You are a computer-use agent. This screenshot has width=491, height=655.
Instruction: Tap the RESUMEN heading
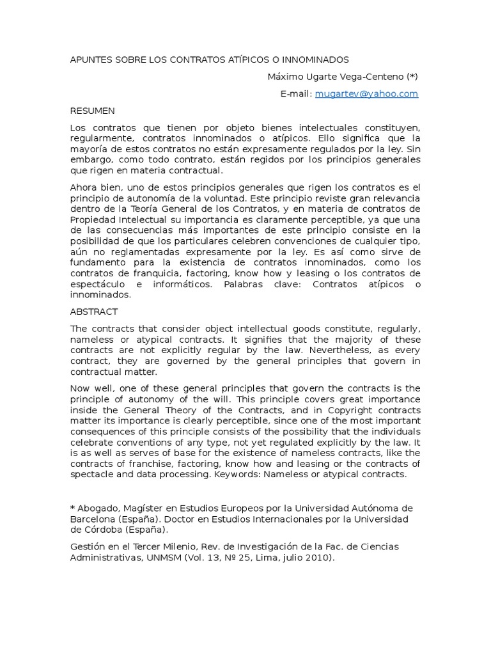(93, 111)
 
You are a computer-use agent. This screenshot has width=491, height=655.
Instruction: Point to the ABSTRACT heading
(94, 312)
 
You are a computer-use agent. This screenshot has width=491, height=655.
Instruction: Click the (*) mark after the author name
(411, 77)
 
